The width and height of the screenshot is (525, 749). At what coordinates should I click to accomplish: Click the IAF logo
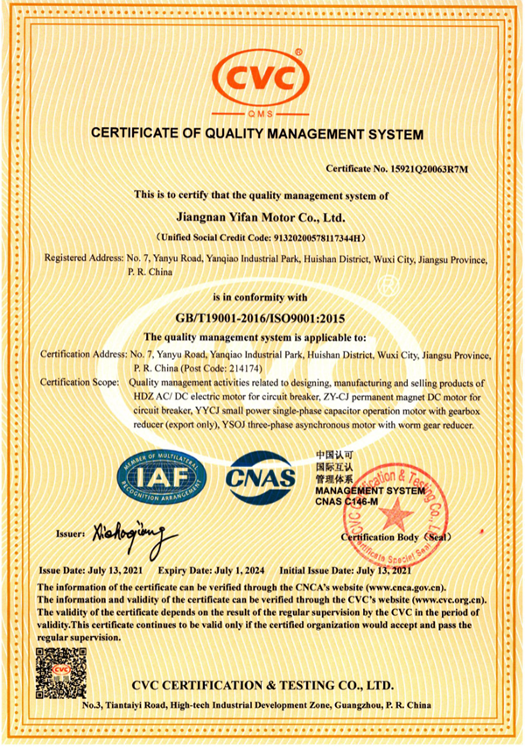[x=163, y=479]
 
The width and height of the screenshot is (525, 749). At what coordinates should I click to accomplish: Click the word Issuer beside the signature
[x=69, y=533]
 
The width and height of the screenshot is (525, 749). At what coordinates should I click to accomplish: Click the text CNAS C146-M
[x=347, y=502]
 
